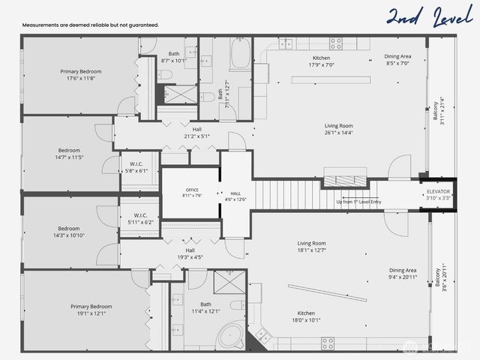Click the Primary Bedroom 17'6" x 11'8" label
pos(80,75)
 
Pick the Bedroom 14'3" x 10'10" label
pos(68,232)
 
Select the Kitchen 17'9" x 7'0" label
pos(321,61)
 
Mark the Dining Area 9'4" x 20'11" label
pos(403,274)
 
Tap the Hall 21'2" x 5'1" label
pos(196,133)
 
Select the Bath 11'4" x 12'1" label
pos(205,307)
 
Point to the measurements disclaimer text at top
pos(90,25)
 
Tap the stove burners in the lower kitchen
pos(328,343)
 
